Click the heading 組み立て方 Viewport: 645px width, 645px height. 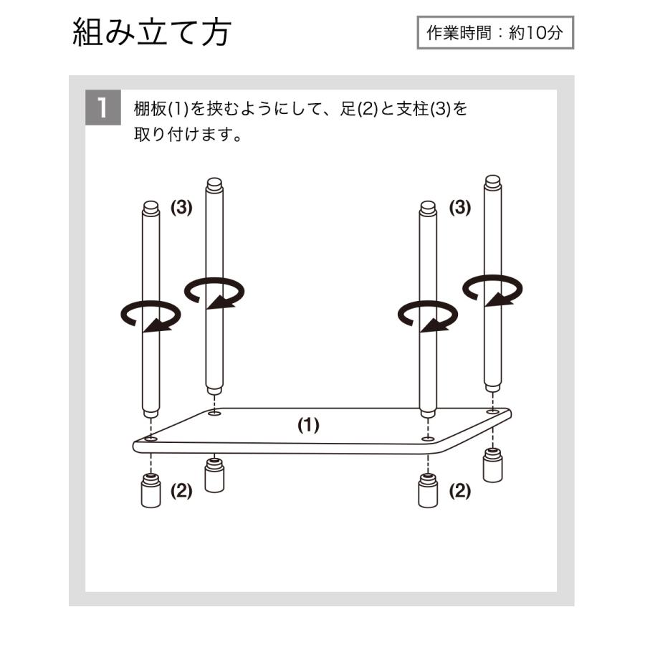[x=151, y=33]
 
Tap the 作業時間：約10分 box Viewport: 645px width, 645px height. [x=495, y=33]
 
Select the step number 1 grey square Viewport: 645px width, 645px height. [x=102, y=108]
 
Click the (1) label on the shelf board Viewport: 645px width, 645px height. [x=308, y=425]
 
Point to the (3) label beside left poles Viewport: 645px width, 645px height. [x=181, y=208]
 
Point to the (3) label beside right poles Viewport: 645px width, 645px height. [x=460, y=208]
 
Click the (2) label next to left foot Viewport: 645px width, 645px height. [x=181, y=491]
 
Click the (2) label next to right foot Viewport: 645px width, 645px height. [x=460, y=491]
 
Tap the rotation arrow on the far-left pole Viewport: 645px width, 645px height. [x=150, y=316]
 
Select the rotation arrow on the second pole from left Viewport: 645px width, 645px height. [x=214, y=292]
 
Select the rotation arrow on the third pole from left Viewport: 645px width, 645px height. [x=428, y=316]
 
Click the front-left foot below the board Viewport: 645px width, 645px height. [x=150, y=491]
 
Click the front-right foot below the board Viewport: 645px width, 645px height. [x=428, y=491]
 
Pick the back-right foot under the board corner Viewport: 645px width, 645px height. [x=492, y=466]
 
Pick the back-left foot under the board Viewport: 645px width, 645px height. [x=214, y=474]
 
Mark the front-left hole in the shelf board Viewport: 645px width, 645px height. [x=150, y=438]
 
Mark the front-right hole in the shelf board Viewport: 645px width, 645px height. [x=428, y=438]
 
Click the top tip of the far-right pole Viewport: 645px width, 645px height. [x=492, y=180]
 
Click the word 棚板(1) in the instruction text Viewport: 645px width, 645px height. [x=161, y=110]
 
